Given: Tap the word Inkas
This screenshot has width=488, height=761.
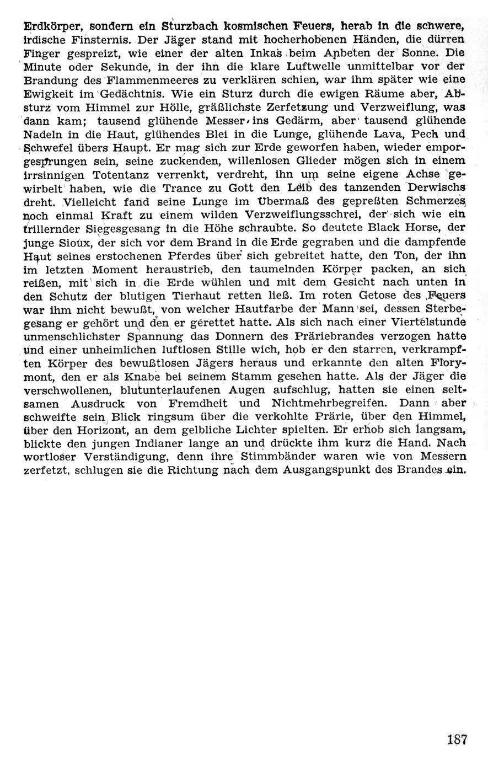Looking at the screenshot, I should tap(267, 55).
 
